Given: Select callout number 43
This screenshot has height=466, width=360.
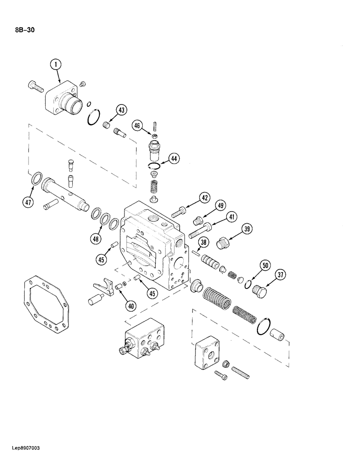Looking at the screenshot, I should tap(121, 110).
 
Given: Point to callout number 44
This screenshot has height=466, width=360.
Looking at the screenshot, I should tap(173, 158).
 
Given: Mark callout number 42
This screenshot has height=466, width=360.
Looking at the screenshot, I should tap(204, 198).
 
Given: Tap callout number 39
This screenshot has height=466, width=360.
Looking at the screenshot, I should tap(247, 228).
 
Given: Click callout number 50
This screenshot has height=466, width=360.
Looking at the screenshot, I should tap(265, 266).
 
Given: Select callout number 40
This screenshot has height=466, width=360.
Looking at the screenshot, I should tap(131, 306).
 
